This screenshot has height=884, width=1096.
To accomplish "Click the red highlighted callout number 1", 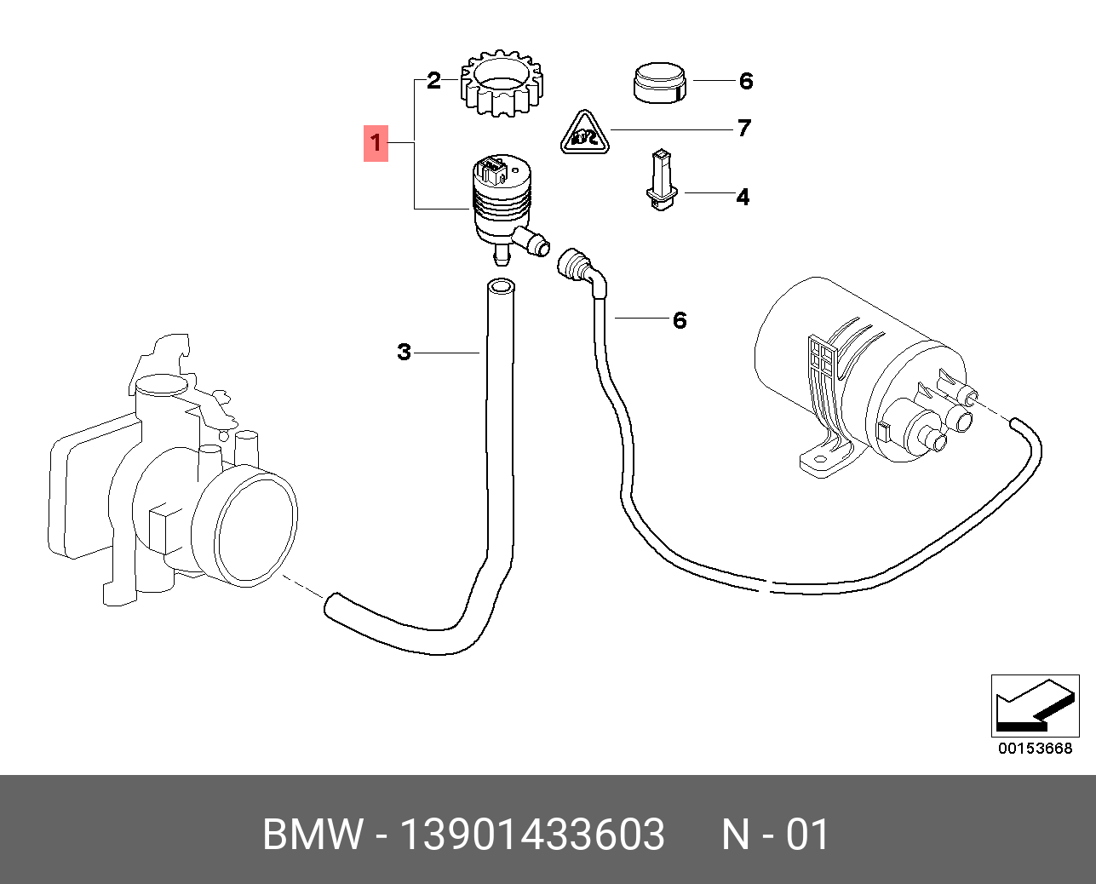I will (x=376, y=143).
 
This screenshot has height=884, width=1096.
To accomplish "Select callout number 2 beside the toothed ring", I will (x=433, y=81).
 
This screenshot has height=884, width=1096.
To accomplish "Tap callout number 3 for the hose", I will (x=404, y=352).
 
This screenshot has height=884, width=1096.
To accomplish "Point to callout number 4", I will (x=743, y=198).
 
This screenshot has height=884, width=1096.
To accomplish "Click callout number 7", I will (x=744, y=129).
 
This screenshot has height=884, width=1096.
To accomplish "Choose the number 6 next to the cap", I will (x=746, y=81).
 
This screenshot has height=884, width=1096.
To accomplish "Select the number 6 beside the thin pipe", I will (x=680, y=320).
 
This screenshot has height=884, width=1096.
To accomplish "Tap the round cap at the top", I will (x=660, y=82).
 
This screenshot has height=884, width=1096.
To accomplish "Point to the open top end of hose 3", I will (x=501, y=286).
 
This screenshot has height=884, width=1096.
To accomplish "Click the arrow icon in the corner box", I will (x=1034, y=706).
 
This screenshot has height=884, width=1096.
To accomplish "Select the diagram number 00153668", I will (x=1035, y=749).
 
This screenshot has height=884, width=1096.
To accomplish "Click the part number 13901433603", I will (x=532, y=835).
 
